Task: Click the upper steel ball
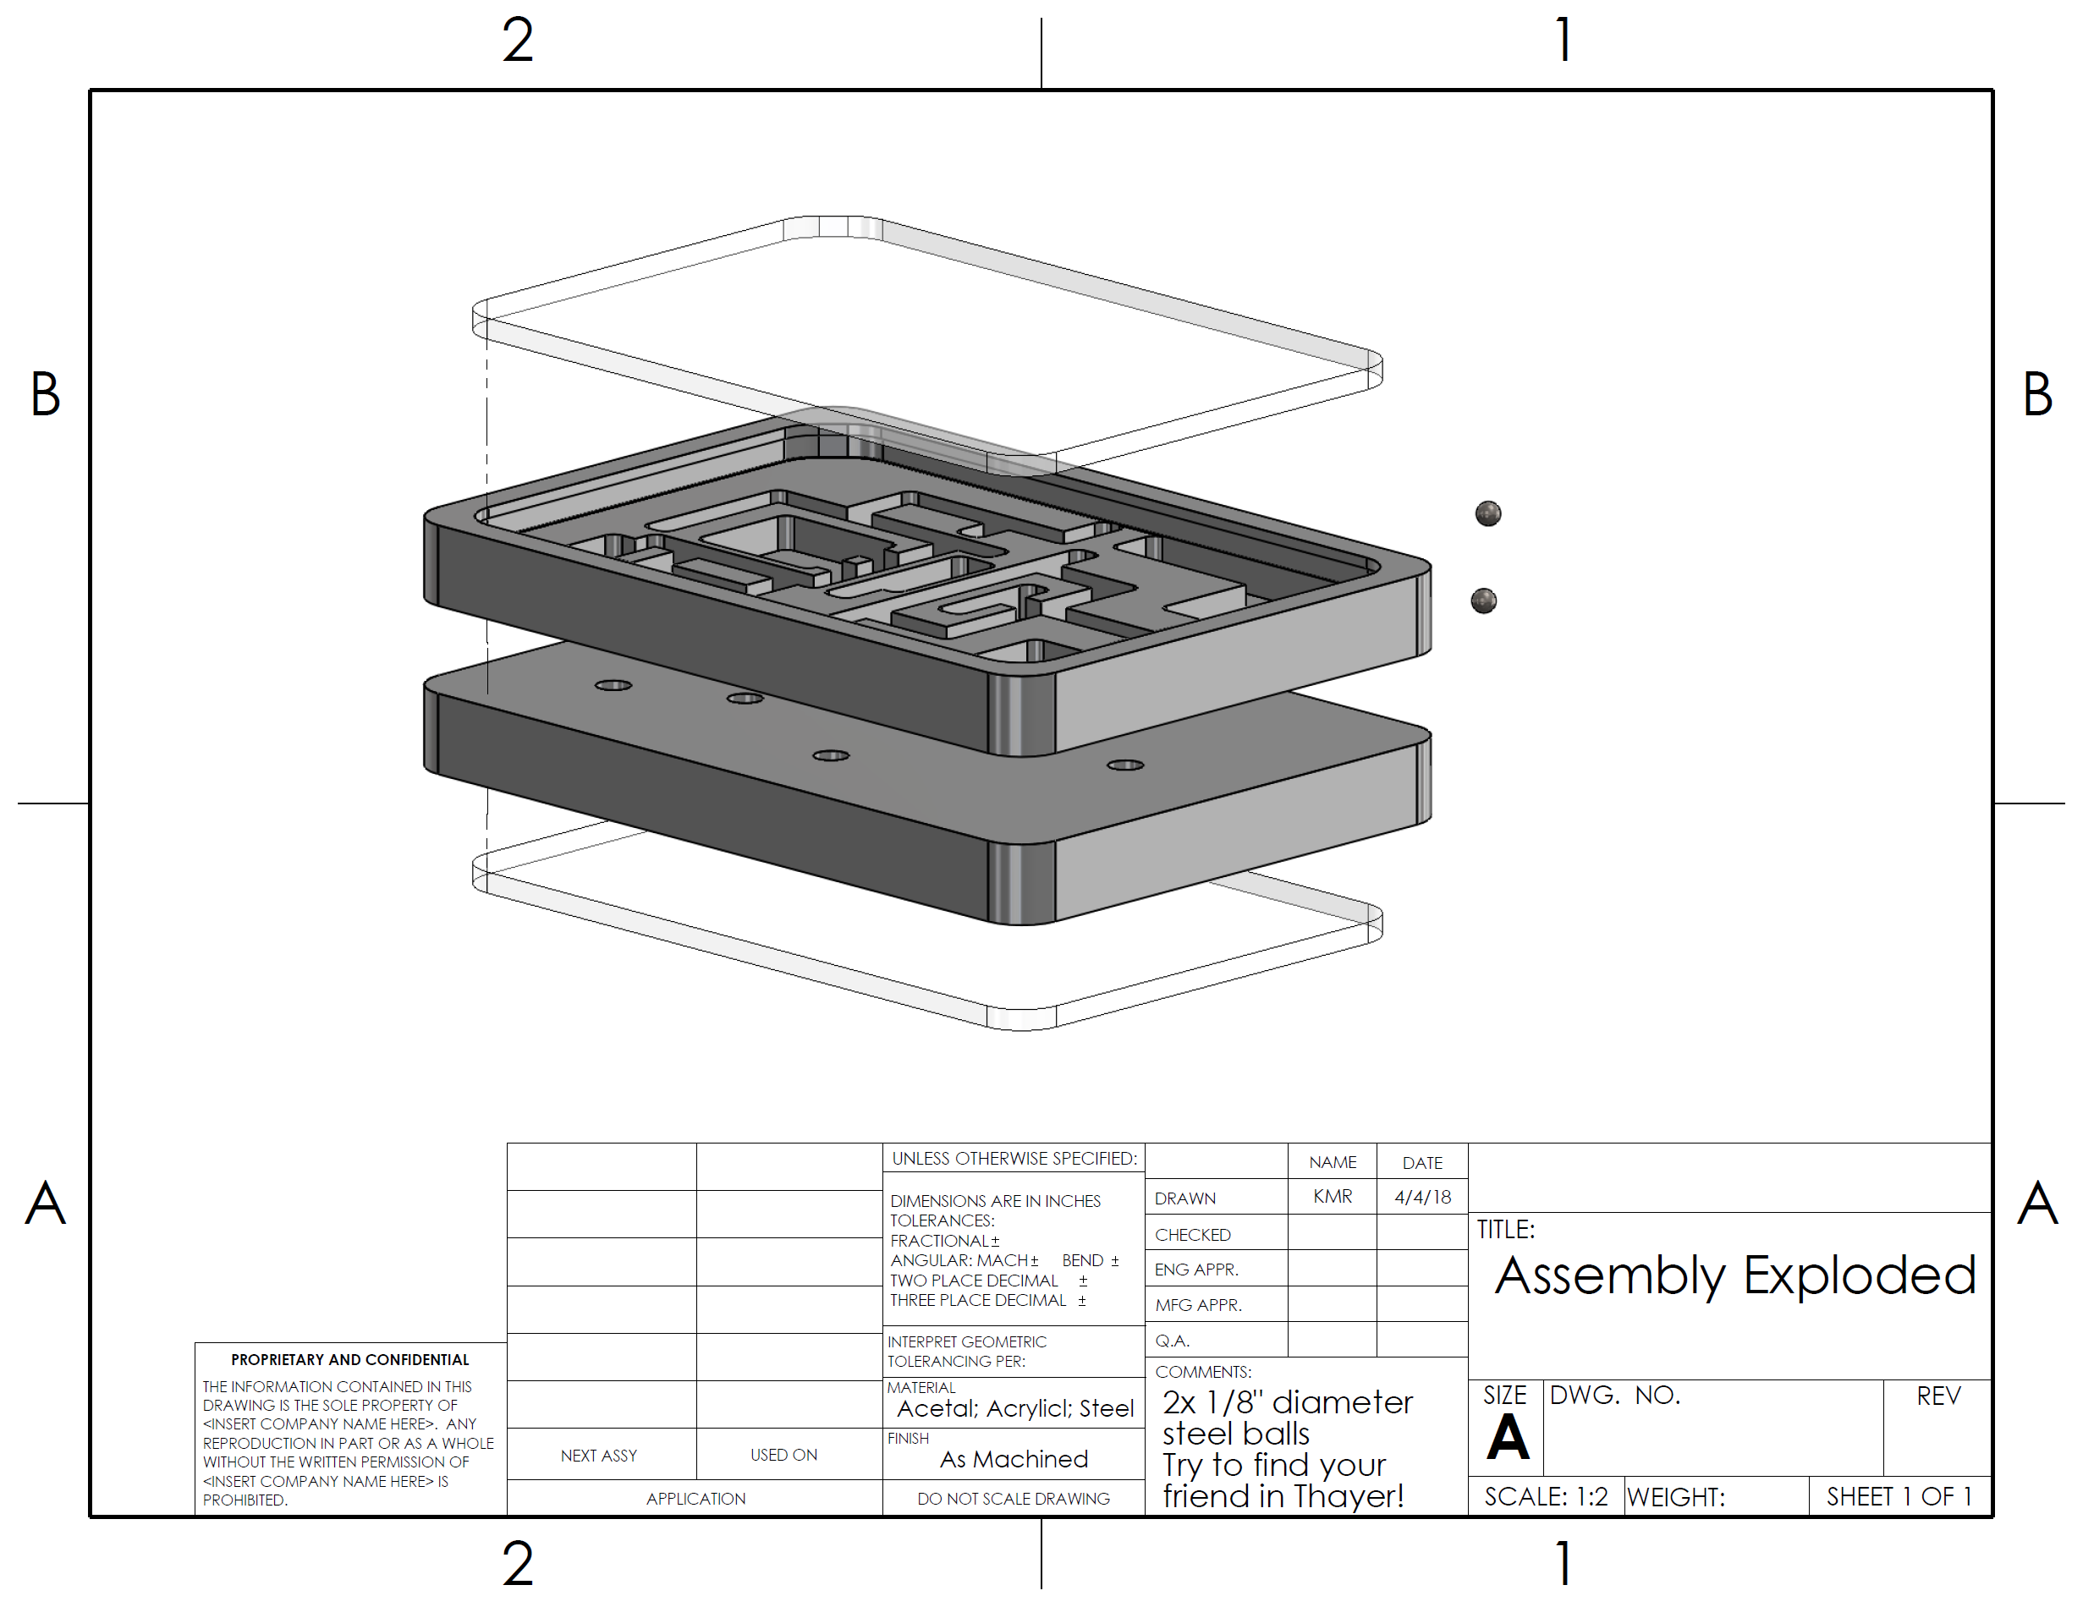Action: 1488,514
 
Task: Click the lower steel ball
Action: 1483,601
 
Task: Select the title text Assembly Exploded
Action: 1735,1276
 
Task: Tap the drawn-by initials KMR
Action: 1333,1196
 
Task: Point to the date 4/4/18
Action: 1422,1197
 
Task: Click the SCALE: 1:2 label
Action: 1546,1496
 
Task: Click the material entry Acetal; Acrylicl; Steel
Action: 1014,1408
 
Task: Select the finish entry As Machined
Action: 1014,1459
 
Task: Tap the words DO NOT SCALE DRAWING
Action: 1013,1498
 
